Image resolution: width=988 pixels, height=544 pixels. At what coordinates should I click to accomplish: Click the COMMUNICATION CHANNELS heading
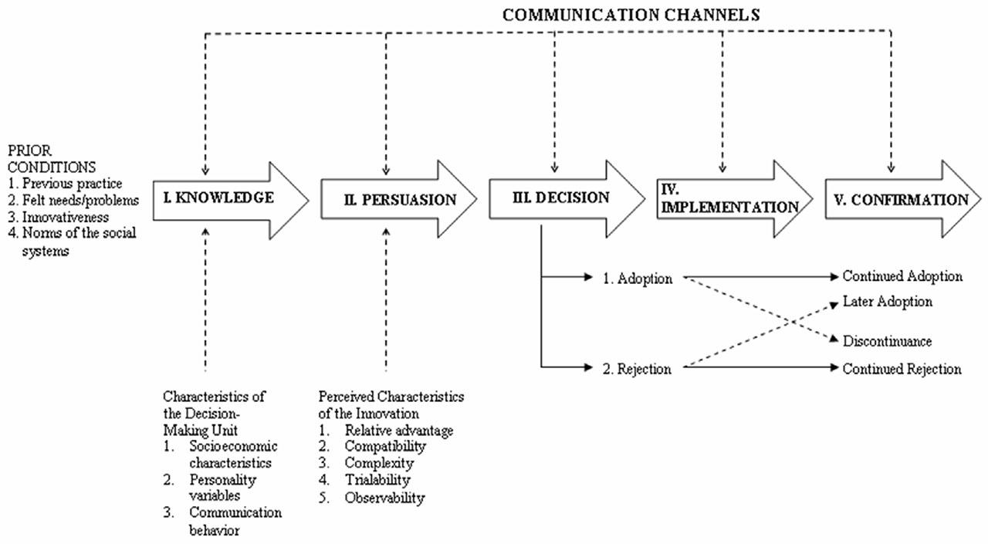[631, 14]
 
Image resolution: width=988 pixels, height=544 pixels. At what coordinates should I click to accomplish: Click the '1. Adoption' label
[637, 279]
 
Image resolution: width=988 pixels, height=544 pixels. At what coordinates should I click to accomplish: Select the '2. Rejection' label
[637, 370]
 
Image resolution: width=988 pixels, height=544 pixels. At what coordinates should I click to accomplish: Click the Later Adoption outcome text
[887, 302]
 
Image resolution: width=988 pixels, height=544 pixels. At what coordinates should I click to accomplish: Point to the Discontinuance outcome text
[887, 341]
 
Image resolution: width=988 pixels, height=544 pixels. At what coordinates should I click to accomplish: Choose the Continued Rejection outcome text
[902, 370]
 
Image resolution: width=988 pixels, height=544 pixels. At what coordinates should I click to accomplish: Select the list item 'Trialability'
[377, 480]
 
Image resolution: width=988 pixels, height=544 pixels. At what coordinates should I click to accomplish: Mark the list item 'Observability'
[384, 498]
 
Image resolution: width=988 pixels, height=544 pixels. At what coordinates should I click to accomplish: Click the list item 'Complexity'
[379, 464]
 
